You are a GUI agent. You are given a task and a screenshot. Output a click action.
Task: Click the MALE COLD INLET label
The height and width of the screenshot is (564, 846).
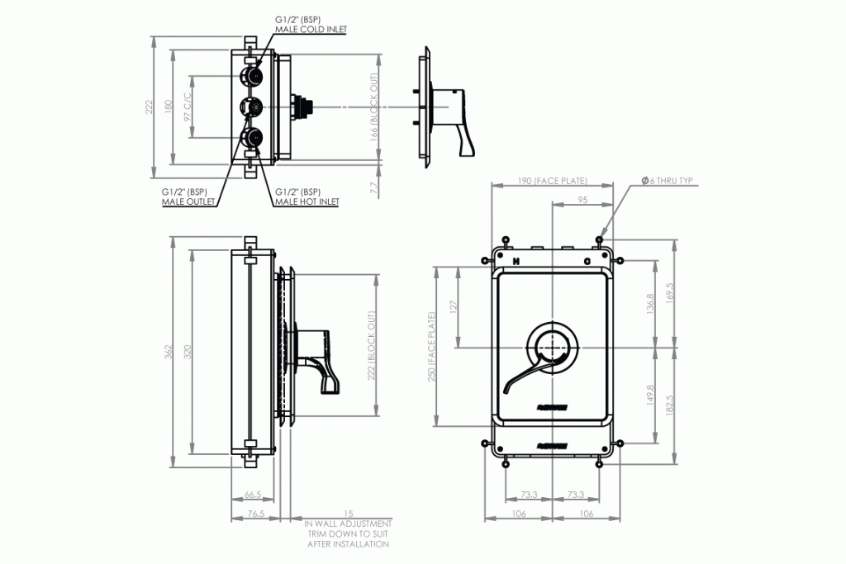coord(311,29)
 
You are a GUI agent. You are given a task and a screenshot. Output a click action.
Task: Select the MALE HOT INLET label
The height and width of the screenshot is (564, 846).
coord(307,201)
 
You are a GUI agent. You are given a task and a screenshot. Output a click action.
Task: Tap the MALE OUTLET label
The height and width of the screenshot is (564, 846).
coord(188,201)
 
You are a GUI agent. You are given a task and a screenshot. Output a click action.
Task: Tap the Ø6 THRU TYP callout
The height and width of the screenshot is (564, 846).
coord(668,180)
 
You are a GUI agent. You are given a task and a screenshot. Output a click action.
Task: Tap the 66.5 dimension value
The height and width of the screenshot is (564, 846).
coord(254,495)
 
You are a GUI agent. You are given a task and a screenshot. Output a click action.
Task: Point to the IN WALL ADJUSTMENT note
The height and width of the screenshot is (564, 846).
coord(348,524)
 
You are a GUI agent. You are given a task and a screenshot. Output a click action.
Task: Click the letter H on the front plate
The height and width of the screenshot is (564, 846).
coord(515,262)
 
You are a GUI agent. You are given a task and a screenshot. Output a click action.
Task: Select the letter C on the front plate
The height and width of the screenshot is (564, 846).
coord(587,262)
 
